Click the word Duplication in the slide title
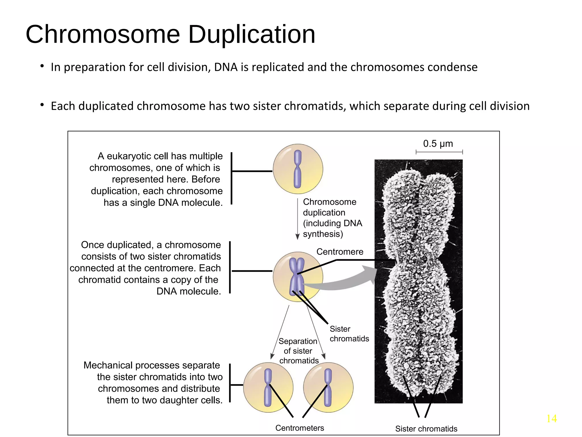[x=251, y=35]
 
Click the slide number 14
[x=551, y=419]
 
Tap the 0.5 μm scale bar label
[x=438, y=144]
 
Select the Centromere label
[x=340, y=252]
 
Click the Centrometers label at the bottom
[x=300, y=428]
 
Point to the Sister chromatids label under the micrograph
[x=426, y=429]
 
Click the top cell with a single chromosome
[x=298, y=169]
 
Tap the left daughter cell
[x=268, y=387]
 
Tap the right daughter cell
[x=328, y=387]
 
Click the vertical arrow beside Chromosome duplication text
[x=298, y=219]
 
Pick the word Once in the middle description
[x=92, y=245]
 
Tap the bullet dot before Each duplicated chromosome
[x=42, y=105]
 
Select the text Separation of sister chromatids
[x=298, y=351]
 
